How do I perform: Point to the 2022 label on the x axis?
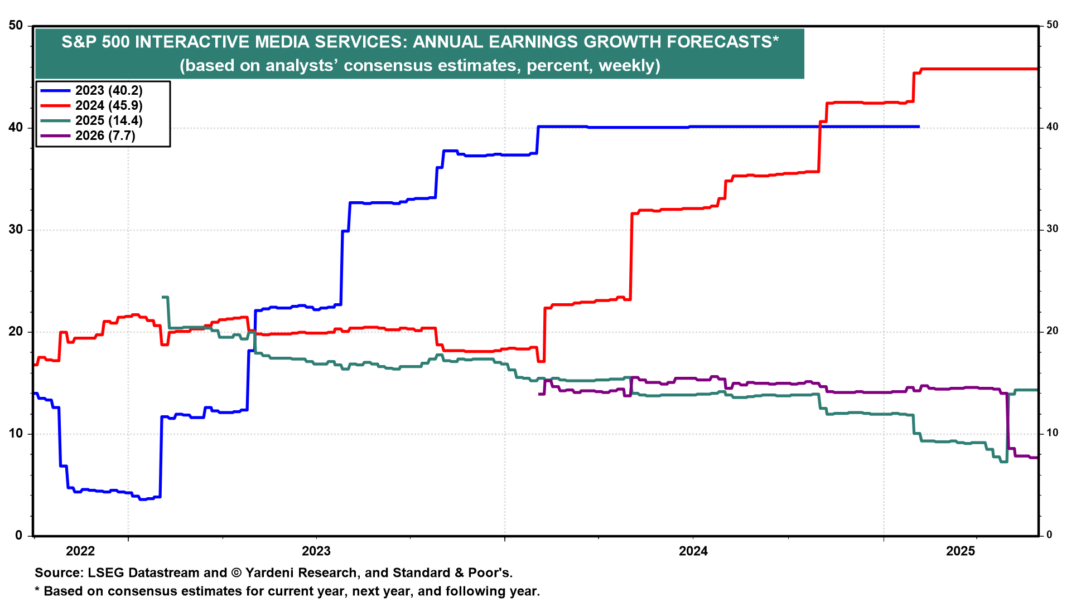80,551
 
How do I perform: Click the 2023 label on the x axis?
316,551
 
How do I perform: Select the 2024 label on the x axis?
693,551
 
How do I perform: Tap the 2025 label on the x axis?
961,551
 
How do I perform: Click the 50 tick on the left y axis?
16,26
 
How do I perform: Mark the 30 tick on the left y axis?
16,230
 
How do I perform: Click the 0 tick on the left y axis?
19,535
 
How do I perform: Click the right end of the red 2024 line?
1036,69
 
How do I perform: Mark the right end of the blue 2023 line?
918,127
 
